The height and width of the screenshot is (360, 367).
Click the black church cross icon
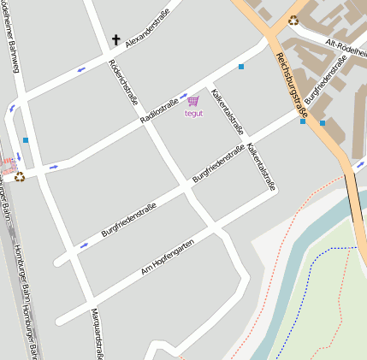point(116,40)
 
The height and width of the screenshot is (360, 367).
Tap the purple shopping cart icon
point(193,101)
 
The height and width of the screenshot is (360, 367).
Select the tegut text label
point(193,113)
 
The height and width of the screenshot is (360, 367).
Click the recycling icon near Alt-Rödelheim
point(293,21)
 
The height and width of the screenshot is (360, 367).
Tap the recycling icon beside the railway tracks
point(20,177)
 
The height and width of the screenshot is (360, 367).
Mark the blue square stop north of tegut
point(241,67)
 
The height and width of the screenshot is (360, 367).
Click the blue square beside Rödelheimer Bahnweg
point(26,140)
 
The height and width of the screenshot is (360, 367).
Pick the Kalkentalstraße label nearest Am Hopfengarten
point(261,167)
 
